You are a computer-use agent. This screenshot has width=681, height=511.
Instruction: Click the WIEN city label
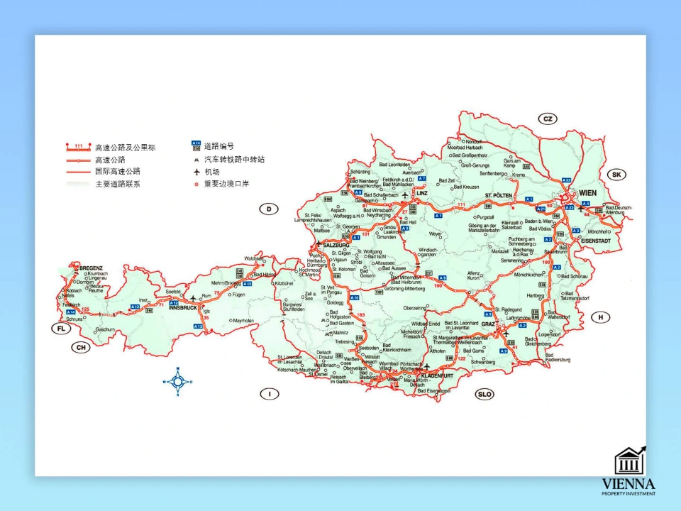[x=589, y=193]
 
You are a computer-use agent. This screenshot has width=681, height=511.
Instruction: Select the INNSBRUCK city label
[x=182, y=307]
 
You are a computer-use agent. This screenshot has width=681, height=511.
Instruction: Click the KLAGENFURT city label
[x=437, y=375]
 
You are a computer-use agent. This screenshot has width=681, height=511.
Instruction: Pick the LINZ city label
[x=423, y=193]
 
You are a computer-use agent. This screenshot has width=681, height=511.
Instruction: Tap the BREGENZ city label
[x=92, y=268]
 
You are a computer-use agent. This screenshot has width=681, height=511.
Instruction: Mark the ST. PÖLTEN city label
[x=498, y=194]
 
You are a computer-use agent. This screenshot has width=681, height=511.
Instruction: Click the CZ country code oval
[x=548, y=119]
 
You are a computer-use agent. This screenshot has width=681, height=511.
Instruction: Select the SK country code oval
[x=616, y=175]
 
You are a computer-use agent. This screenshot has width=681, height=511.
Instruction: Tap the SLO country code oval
[x=485, y=394]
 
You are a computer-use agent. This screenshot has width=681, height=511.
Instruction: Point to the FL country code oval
[x=61, y=328]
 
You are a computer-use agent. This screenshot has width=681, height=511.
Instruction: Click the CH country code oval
[x=82, y=347]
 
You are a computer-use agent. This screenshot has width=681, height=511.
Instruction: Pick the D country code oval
[x=268, y=209]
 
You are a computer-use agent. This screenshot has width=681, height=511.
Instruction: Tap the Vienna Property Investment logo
[x=629, y=471]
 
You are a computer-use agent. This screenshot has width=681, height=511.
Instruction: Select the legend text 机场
[x=211, y=172]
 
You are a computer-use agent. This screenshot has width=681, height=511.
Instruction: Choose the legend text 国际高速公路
[x=118, y=171]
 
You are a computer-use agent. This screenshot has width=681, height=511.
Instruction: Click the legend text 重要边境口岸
[x=227, y=184]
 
